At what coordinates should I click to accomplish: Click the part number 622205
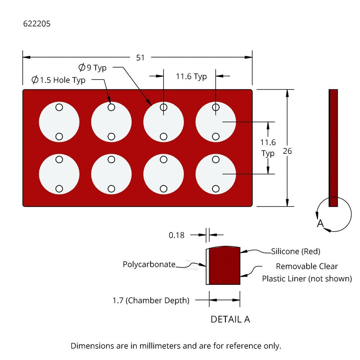pyautogui.click(x=37, y=24)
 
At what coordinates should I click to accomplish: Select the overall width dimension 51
pyautogui.click(x=140, y=58)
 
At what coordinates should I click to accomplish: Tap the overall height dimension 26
pyautogui.click(x=287, y=151)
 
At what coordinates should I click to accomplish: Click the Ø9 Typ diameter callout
pyautogui.click(x=93, y=67)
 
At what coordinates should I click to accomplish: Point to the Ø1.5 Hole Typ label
pyautogui.click(x=58, y=80)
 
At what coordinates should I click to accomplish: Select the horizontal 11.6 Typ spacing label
pyautogui.click(x=191, y=76)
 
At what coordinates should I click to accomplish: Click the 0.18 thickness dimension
pyautogui.click(x=176, y=235)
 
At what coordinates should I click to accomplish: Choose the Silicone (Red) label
pyautogui.click(x=296, y=251)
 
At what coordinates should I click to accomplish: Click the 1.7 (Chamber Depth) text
pyautogui.click(x=151, y=300)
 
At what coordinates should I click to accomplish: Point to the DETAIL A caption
pyautogui.click(x=230, y=319)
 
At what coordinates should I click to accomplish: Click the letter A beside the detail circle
pyautogui.click(x=320, y=224)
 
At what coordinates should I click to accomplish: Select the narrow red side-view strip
pyautogui.click(x=333, y=148)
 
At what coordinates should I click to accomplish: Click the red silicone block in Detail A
pyautogui.click(x=224, y=266)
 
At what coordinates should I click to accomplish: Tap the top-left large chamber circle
pyautogui.click(x=59, y=122)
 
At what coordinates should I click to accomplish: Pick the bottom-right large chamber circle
pyautogui.click(x=216, y=174)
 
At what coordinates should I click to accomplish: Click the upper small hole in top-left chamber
pyautogui.click(x=59, y=107)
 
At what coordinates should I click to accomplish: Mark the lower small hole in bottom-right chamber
pyautogui.click(x=216, y=188)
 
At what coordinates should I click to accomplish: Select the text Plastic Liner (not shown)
pyautogui.click(x=307, y=279)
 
